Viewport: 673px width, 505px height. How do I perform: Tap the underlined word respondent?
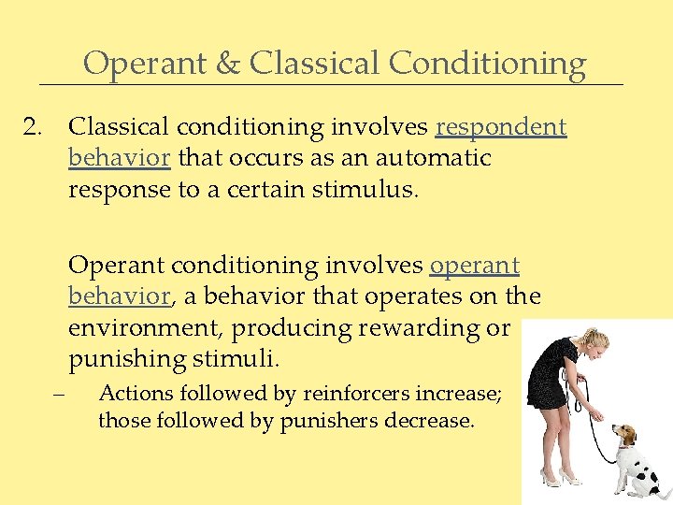pyautogui.click(x=501, y=127)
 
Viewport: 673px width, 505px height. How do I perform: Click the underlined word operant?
pyautogui.click(x=474, y=266)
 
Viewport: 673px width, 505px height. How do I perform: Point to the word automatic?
pyautogui.click(x=435, y=158)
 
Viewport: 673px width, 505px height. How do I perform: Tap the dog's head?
pyautogui.click(x=623, y=435)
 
